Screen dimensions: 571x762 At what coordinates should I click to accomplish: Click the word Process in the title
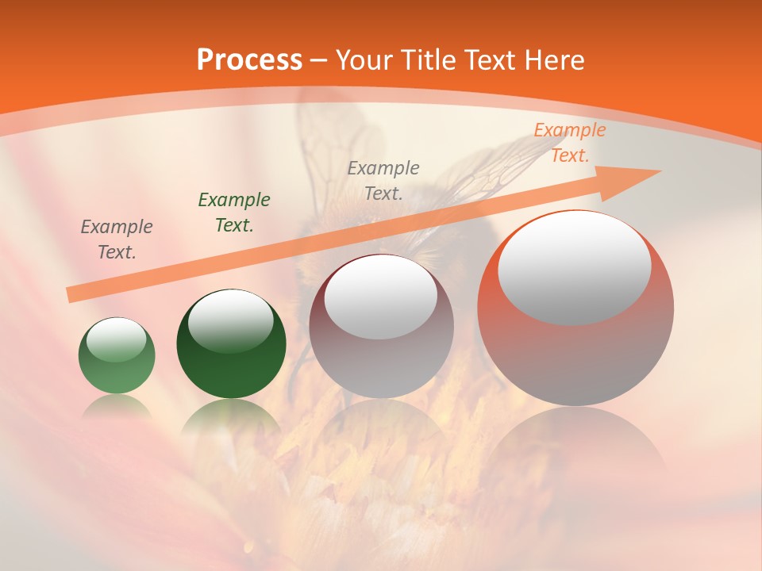click(249, 60)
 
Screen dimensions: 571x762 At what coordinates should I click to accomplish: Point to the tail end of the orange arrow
click(70, 295)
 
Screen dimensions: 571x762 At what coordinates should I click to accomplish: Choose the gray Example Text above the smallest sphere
click(117, 240)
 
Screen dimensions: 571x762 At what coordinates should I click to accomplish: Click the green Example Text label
click(234, 213)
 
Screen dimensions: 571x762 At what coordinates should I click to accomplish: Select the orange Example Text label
click(569, 143)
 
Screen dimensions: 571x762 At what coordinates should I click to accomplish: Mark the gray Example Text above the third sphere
click(383, 180)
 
